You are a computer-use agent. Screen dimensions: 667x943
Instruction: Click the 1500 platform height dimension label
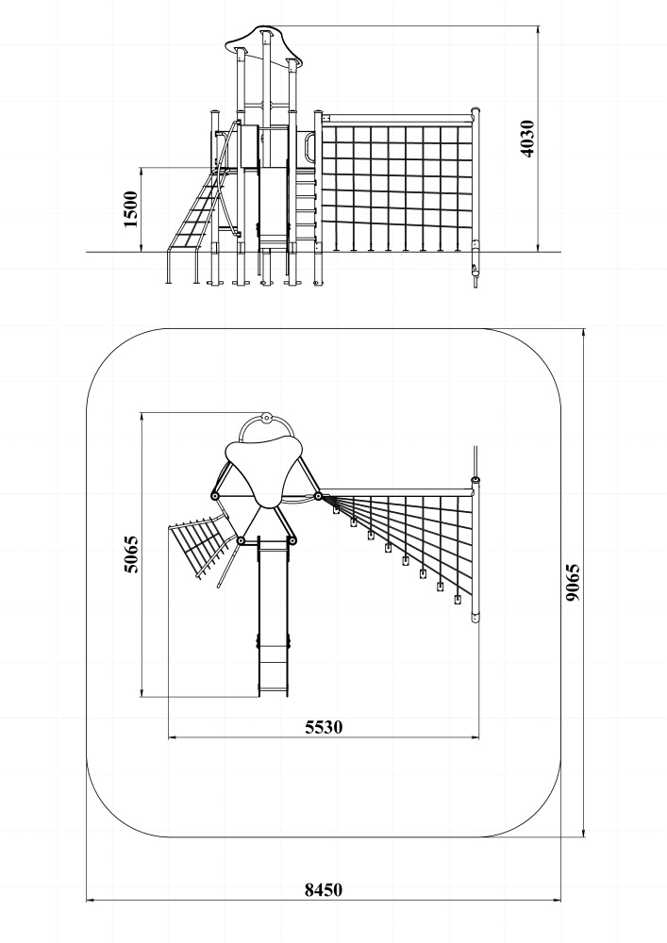point(130,209)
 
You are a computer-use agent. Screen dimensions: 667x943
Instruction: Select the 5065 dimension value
point(130,554)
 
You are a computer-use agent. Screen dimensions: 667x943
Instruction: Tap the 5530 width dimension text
point(324,727)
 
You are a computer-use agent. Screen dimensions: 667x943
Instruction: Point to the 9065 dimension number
point(574,582)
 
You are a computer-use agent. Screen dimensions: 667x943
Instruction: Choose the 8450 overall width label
point(324,889)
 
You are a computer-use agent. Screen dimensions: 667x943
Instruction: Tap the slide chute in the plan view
point(273,618)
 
